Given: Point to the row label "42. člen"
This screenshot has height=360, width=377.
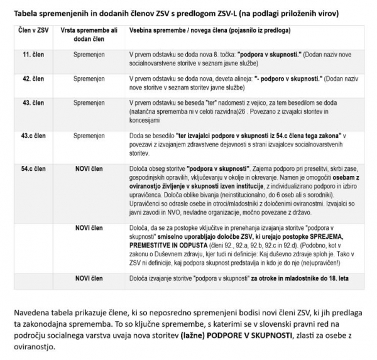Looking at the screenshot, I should click(x=33, y=79).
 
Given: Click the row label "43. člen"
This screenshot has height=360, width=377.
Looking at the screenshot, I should click(x=33, y=102).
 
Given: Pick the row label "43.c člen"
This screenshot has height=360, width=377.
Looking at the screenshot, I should click(x=33, y=135).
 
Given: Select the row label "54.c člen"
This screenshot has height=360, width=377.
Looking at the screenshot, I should click(x=33, y=169).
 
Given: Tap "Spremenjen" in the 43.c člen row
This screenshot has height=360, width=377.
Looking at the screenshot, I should click(x=93, y=135).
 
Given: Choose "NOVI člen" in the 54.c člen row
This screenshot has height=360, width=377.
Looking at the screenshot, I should click(x=92, y=169).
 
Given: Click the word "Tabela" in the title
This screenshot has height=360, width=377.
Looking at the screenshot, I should click(x=26, y=11).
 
